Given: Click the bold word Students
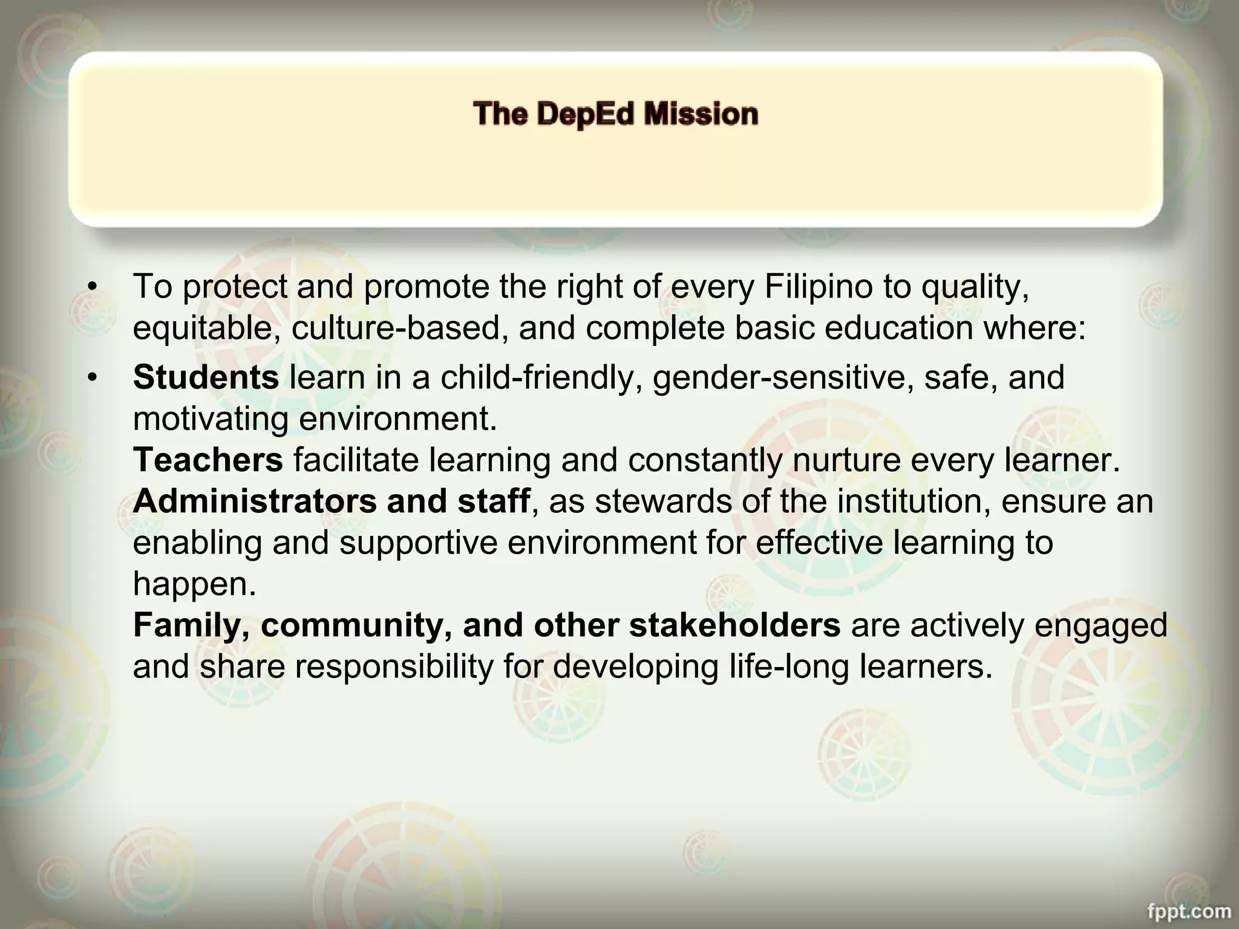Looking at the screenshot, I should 206,378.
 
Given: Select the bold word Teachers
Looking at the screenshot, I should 208,460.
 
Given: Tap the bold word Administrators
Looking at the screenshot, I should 255,501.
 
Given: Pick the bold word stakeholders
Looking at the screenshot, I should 734,625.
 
